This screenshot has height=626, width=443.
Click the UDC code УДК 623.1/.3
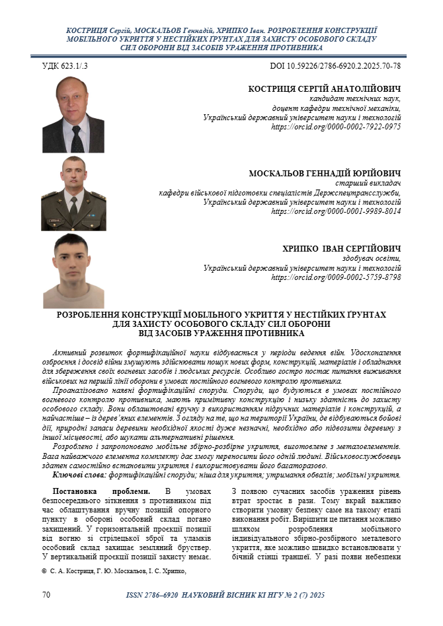pos(65,67)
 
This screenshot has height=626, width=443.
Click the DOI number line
pos(335,67)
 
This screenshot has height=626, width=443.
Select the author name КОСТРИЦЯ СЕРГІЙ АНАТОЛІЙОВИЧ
pos(324,89)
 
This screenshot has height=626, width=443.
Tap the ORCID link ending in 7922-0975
pos(336,127)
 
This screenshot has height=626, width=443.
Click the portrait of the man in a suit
pos(73,114)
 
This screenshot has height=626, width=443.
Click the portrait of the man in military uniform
pos(73,193)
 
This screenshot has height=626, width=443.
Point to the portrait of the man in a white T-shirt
pos(73,271)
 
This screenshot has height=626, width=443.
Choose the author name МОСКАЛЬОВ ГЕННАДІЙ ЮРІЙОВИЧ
pos(325,174)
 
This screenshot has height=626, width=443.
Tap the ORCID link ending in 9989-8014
pos(336,211)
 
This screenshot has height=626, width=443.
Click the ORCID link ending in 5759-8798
pos(336,277)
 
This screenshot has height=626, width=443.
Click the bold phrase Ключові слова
pos(78,475)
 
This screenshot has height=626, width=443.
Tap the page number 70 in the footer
pos(46,595)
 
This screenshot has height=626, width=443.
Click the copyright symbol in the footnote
pos(44,571)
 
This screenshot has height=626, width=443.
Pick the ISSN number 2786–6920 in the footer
pos(157,596)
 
